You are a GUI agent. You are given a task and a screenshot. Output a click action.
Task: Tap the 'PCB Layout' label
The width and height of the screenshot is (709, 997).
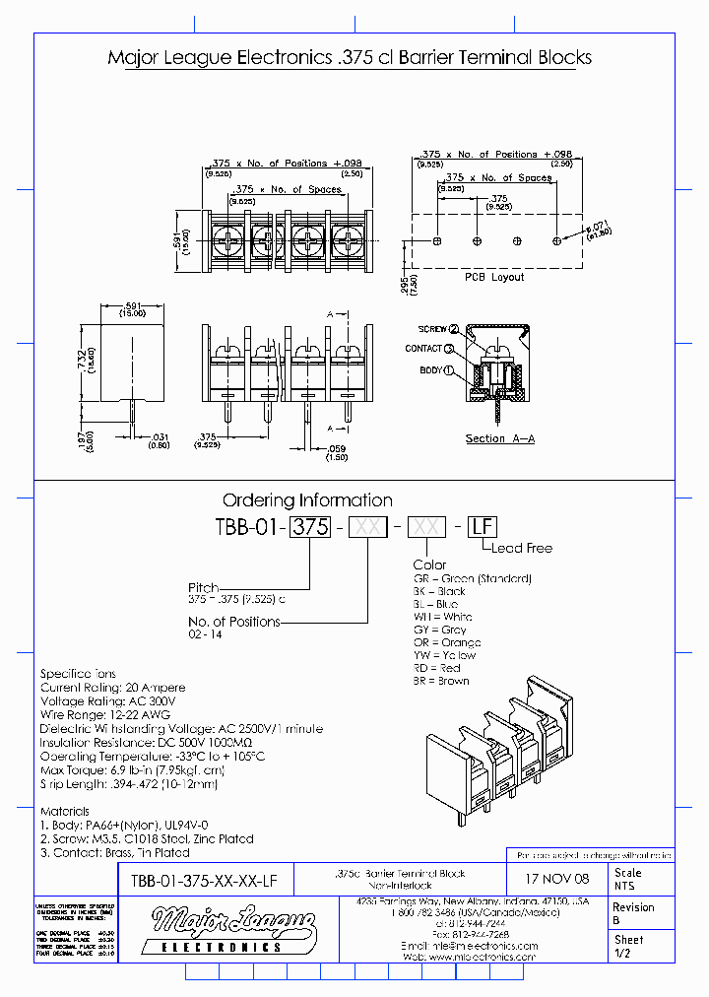[494, 277]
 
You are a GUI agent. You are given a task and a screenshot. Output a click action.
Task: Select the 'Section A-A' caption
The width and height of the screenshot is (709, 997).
[499, 438]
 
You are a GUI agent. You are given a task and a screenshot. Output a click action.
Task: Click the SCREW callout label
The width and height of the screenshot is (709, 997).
[432, 329]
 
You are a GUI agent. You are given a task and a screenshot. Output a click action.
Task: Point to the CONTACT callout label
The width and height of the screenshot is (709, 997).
[423, 349]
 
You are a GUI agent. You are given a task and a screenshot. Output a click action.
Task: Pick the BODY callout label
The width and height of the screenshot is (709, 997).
[431, 370]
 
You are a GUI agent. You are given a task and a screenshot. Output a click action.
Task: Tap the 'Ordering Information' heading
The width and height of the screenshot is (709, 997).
[307, 499]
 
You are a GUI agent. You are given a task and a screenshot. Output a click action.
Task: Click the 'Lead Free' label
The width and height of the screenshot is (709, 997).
[522, 548]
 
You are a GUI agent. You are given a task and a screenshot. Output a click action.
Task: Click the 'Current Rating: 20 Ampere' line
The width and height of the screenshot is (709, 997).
[112, 688]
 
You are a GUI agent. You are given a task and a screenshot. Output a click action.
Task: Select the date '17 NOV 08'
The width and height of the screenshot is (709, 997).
[556, 877]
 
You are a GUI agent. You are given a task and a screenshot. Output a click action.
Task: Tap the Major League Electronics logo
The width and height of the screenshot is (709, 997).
[232, 929]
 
